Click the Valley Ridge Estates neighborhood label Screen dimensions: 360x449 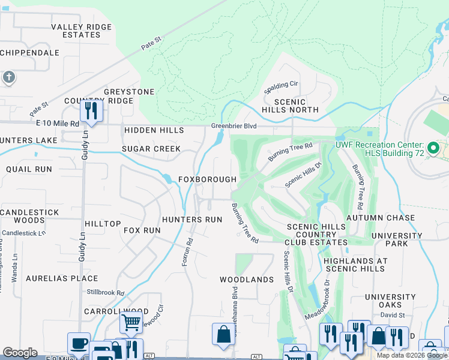[81, 31]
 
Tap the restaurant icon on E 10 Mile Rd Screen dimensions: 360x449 [91, 110]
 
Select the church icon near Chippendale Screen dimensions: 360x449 [8, 77]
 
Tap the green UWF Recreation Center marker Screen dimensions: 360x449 [433, 148]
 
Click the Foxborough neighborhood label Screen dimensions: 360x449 [207, 180]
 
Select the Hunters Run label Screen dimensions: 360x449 [192, 220]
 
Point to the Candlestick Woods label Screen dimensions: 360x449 [23, 217]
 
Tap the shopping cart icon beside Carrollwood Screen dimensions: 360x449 [131, 322]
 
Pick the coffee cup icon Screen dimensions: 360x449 [79, 343]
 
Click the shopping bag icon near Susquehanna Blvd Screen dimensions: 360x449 [223, 334]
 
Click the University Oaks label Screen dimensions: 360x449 [390, 301]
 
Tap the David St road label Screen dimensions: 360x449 [393, 315]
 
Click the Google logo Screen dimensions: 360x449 [20, 353]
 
